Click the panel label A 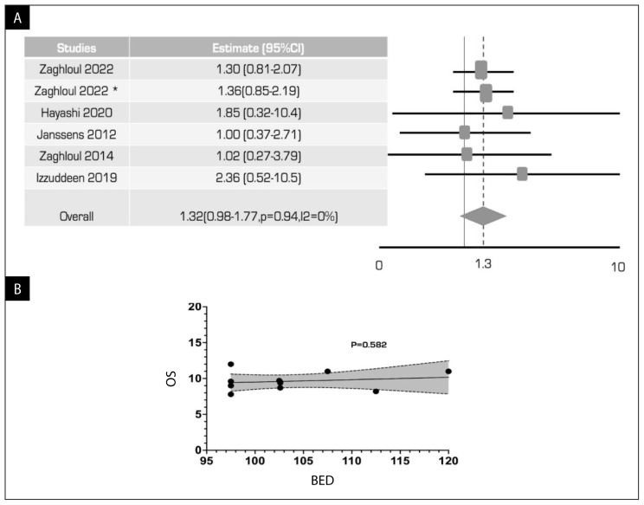coord(17,18)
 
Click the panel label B coord(17,289)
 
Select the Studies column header coord(76,49)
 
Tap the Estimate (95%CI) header coord(258,49)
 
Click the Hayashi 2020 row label coord(76,113)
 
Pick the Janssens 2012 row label coord(76,134)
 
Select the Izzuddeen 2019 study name coord(76,178)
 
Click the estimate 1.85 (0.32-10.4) coord(258,113)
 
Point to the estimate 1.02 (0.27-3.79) coord(258,156)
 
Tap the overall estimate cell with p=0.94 coord(259,217)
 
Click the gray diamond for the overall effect coord(483,217)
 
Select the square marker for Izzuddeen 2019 coord(522,174)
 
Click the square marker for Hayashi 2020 coord(507,113)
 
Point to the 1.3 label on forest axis coord(483,263)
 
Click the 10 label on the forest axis coord(618,267)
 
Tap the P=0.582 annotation coord(369,345)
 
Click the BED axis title coord(322,481)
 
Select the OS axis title coord(171,379)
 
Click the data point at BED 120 coord(448,372)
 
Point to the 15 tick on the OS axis coord(195,343)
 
